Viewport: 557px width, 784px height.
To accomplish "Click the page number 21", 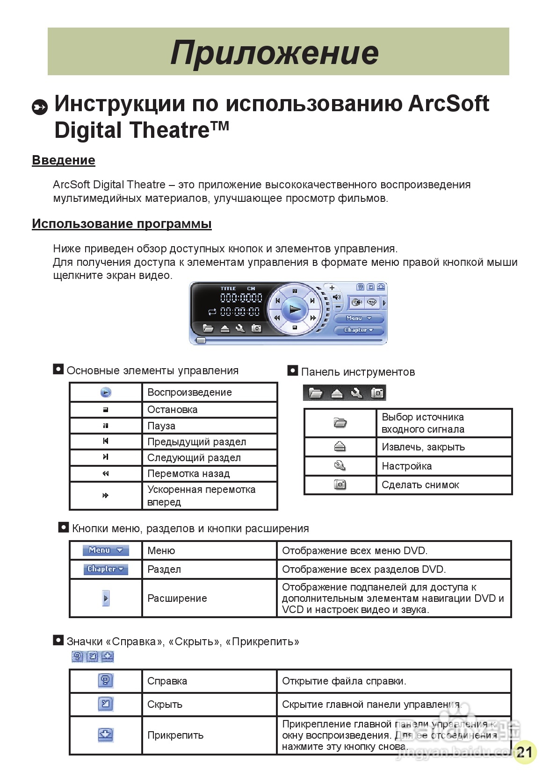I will click(525, 752).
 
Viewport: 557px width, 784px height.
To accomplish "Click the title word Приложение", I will click(275, 52).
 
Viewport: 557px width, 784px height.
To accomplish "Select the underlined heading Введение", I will click(64, 160).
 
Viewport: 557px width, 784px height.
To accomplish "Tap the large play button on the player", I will click(295, 309).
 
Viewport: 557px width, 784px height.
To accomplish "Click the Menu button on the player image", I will click(359, 318).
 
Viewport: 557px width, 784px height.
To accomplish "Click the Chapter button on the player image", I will click(359, 330).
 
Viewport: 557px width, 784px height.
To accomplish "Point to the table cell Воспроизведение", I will click(189, 392).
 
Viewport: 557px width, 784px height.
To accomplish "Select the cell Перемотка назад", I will click(188, 474).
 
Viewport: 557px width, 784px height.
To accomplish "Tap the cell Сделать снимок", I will click(420, 485).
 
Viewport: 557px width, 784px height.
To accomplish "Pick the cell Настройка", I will click(406, 466).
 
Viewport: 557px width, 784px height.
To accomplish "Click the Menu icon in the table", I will click(106, 550).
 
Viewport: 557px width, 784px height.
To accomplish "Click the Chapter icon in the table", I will click(106, 569).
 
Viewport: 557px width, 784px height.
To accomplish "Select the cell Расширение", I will click(177, 599).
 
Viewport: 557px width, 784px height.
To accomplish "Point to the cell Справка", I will click(167, 681).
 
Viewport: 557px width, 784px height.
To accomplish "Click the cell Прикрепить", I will click(175, 735).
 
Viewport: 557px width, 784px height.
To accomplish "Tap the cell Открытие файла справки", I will click(344, 681).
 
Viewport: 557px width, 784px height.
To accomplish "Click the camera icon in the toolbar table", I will click(340, 485).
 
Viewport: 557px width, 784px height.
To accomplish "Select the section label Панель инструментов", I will click(358, 372).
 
